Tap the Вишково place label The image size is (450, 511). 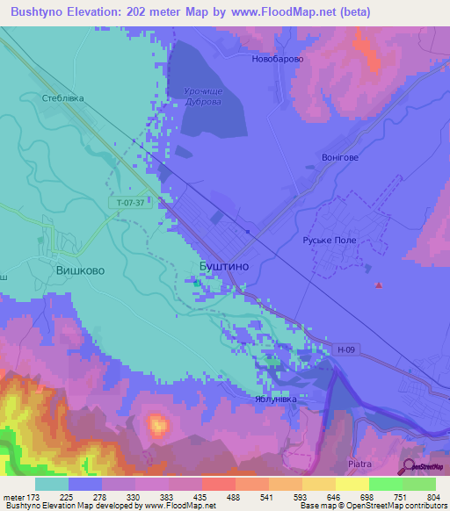tap(80, 270)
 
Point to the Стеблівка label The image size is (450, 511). tap(63, 98)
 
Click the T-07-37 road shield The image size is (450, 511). tap(132, 203)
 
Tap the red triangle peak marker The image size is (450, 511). tap(379, 284)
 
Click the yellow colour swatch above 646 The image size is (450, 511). tap(319, 483)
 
